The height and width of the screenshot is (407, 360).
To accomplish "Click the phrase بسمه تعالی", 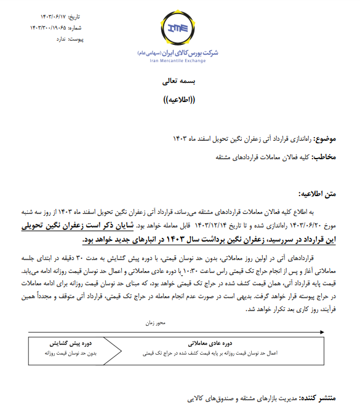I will click(180, 81).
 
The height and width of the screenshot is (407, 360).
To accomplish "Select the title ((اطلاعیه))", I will click(180, 100).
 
